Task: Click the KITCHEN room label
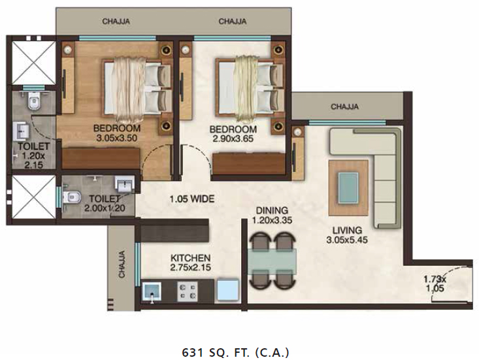190,258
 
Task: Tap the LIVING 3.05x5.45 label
347,235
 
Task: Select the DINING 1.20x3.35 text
272,215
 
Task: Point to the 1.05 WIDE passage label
192,199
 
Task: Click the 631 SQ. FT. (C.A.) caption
235,352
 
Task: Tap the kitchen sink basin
152,292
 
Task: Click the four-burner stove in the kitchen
188,291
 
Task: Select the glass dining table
273,261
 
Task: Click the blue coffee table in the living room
348,187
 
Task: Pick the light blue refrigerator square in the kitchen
228,290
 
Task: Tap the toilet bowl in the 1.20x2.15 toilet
33,101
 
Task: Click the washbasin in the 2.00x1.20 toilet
125,184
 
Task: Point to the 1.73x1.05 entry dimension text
435,284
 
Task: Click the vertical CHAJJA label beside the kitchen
122,264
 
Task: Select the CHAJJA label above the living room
344,106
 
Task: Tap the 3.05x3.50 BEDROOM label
117,133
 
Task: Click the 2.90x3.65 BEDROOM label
233,134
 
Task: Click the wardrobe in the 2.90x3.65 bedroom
249,165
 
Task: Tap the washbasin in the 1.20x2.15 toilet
21,131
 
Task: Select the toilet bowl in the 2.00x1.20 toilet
71,197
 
